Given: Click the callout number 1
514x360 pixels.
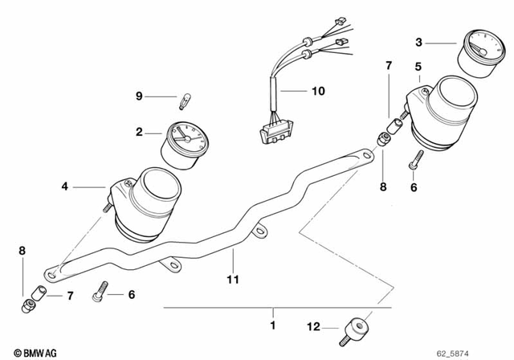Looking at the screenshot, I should point(272,325).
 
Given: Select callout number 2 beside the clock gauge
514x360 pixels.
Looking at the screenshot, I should point(139,132).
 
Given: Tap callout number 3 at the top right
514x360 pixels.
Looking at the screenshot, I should point(418,42).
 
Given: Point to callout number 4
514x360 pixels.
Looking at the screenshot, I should point(65,187).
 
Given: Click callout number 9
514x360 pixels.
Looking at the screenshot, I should point(139,97).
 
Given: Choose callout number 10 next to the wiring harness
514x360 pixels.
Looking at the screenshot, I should point(318,91).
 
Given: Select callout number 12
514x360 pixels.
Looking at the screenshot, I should point(314,326).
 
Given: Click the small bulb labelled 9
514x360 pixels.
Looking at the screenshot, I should point(183,101).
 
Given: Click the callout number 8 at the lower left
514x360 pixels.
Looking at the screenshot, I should point(22,251).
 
